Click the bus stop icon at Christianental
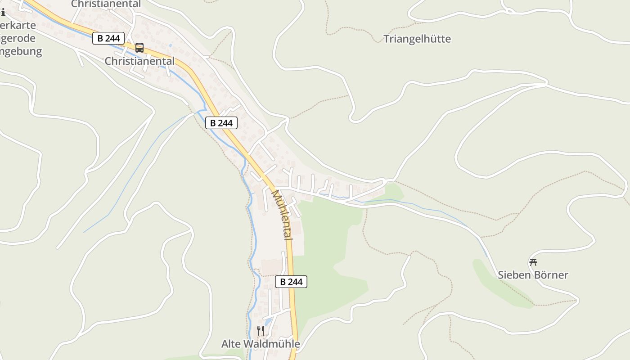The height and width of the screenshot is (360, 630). pos(139,47)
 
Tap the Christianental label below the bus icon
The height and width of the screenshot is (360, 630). pos(139,61)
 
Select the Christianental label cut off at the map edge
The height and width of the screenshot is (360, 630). pos(106,4)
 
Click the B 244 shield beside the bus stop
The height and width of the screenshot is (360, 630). pos(108,38)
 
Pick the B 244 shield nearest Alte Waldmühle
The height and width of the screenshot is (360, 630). pos(291,282)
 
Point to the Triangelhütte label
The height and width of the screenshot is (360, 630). pos(417,39)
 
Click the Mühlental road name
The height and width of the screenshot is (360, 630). pos(282,215)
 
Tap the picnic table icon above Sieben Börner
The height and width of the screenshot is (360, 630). pos(533,262)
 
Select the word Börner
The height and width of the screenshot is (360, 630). pos(551,275)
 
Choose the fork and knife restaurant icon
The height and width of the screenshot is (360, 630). pos(260,331)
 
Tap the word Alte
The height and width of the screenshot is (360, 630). pos(231,344)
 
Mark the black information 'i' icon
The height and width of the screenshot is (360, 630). pos(3,13)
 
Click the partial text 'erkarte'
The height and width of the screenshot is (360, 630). pos(18,25)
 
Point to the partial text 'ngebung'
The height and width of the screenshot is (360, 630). pos(21,51)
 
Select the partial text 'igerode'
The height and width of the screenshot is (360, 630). pos(17,38)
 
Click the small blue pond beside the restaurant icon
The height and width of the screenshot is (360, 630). pos(268,322)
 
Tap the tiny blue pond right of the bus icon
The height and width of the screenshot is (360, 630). pos(170,46)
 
